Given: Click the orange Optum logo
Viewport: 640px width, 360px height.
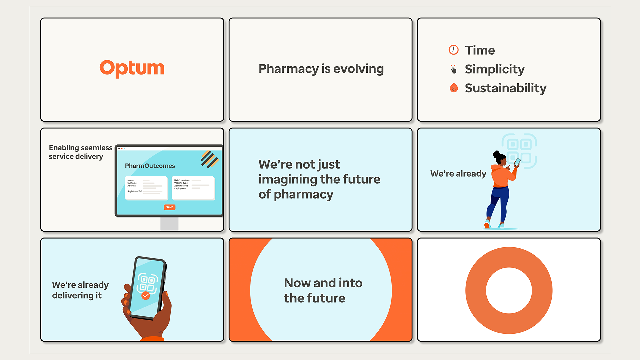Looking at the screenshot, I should [x=132, y=68].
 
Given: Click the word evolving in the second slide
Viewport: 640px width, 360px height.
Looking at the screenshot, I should [x=358, y=69].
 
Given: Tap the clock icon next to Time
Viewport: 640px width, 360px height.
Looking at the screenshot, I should [x=453, y=50].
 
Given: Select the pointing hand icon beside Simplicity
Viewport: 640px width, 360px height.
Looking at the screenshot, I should [x=453, y=69].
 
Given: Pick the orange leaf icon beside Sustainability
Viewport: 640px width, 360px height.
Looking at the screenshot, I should [x=454, y=88].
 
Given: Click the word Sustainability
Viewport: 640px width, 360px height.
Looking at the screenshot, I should [x=505, y=88].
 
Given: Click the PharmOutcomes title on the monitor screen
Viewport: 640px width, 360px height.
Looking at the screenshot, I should [x=150, y=166].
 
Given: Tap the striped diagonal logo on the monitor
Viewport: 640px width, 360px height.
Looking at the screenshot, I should [x=209, y=159].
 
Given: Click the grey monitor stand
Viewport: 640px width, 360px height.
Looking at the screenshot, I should [x=169, y=223].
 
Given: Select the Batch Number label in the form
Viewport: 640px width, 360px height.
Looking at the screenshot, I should [x=182, y=180].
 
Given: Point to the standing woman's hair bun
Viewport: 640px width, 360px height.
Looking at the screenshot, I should [x=496, y=154].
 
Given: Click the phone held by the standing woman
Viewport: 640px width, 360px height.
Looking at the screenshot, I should [x=517, y=162].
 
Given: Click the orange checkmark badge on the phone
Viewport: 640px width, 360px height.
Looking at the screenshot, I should [x=146, y=295].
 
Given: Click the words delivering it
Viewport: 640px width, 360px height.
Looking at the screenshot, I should [x=77, y=295].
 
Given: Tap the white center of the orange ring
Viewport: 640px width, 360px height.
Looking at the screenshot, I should [x=509, y=290].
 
